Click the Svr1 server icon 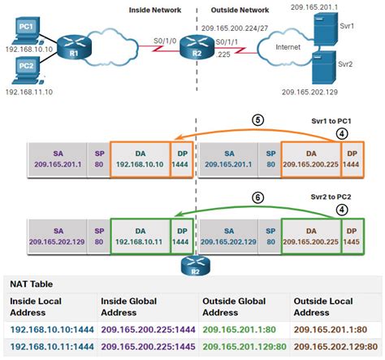tap(324, 31)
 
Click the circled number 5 tap(258, 119)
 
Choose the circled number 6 tap(258, 197)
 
